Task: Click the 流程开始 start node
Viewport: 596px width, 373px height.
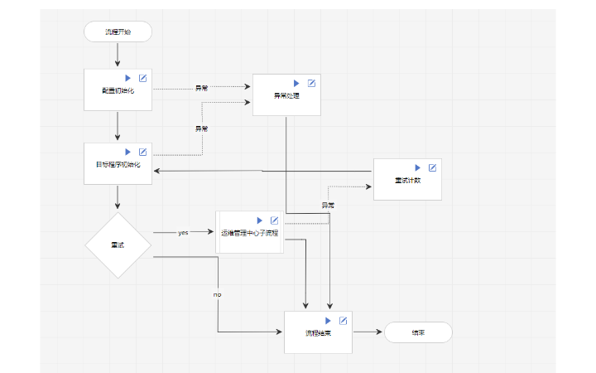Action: point(118,31)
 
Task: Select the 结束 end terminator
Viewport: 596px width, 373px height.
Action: point(418,332)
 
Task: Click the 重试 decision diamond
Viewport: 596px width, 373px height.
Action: point(118,245)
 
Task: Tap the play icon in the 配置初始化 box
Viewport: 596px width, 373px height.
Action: point(128,78)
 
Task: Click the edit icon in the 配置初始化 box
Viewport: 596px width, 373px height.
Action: point(142,78)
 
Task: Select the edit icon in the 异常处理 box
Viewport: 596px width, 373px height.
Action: point(311,83)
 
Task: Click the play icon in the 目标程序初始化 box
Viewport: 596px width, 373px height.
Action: point(128,152)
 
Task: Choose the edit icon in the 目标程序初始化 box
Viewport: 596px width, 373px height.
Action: point(142,152)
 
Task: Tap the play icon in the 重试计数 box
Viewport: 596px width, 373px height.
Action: point(418,167)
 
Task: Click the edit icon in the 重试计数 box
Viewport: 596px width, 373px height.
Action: point(432,167)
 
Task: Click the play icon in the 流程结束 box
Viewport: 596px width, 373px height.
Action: point(329,321)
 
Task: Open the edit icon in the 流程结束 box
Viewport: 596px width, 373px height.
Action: point(343,321)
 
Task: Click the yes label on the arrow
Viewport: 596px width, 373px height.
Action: point(183,233)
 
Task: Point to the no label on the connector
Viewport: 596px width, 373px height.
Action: point(218,294)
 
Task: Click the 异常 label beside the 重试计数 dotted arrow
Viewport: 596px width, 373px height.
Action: point(328,205)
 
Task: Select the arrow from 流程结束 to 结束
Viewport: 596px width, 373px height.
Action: point(368,332)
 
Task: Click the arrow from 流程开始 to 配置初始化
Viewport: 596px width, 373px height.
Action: point(118,55)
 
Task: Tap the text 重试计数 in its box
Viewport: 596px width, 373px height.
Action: point(407,181)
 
